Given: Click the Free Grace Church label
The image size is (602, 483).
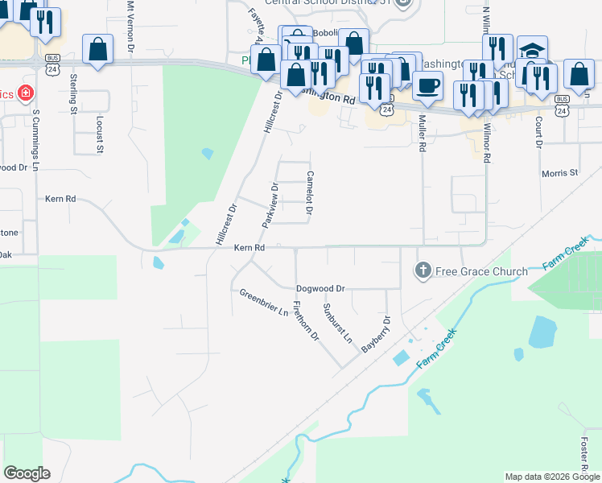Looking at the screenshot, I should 481,271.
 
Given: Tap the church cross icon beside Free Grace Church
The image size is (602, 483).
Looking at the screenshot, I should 423,270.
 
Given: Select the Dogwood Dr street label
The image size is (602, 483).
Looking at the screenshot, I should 320,287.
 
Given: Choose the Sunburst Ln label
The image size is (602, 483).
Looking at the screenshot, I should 337,323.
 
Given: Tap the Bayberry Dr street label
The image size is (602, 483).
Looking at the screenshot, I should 376,333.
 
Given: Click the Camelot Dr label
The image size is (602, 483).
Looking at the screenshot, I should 308,193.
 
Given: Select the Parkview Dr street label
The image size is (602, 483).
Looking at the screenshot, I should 270,205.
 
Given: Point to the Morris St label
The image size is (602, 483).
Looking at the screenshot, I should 559,172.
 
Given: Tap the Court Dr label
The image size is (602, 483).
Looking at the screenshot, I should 537,132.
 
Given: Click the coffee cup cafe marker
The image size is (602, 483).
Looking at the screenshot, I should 427,84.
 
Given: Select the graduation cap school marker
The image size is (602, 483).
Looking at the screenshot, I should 532,52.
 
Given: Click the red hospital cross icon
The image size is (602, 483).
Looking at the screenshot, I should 26,93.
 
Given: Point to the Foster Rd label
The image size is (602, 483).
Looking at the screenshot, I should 583,455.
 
